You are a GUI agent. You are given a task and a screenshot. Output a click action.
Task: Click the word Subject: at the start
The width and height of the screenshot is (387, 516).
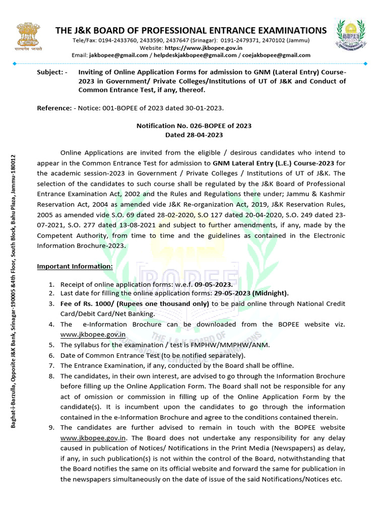coord(52,72)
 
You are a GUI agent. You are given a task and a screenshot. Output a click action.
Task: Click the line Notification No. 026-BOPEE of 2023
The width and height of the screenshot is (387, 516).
coord(194,126)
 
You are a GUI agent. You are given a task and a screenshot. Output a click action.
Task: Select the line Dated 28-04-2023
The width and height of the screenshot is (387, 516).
coord(194,135)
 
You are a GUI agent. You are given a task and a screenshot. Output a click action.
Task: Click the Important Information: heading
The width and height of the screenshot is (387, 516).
coord(75,266)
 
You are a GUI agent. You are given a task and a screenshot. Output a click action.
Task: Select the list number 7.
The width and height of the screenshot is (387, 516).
coord(51,365)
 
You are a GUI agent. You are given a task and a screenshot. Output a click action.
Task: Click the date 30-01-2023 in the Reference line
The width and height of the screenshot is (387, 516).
coord(205,108)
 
